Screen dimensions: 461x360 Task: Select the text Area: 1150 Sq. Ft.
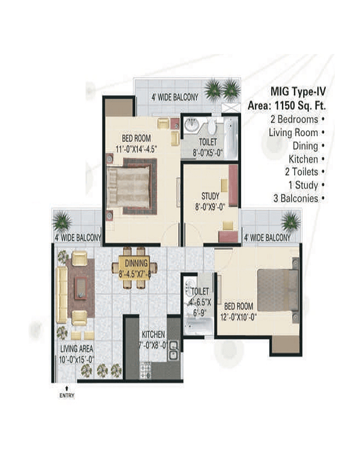coord(287,106)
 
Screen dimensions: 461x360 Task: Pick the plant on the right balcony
coord(290,221)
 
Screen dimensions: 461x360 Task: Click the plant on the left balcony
coord(62,221)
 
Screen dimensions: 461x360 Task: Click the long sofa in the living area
coord(61,295)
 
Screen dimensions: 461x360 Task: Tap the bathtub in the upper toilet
coord(230,139)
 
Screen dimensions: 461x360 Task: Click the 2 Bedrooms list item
coord(294,119)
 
